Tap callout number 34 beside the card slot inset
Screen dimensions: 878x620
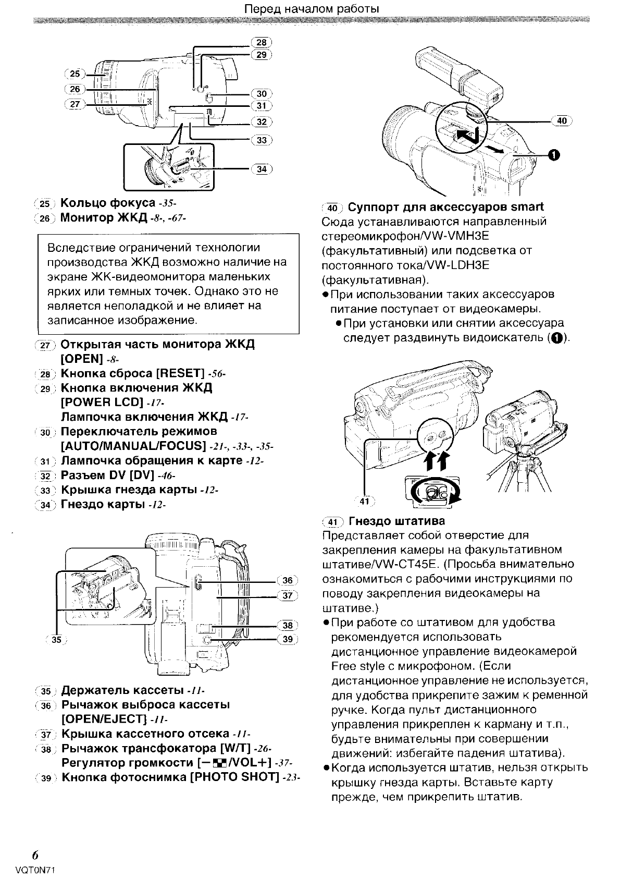coord(262,169)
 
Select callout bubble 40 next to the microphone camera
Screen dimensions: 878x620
coord(562,121)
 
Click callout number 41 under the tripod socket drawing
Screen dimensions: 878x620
coord(365,501)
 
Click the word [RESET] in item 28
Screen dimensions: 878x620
coord(179,373)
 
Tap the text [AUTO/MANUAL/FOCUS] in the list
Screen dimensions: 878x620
coord(133,446)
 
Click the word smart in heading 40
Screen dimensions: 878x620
coord(527,207)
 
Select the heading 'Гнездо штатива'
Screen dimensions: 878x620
coord(396,521)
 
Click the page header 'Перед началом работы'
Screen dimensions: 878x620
coord(311,9)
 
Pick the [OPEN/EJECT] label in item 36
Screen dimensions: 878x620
coord(104,719)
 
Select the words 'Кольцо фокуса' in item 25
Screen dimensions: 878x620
coord(108,203)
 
